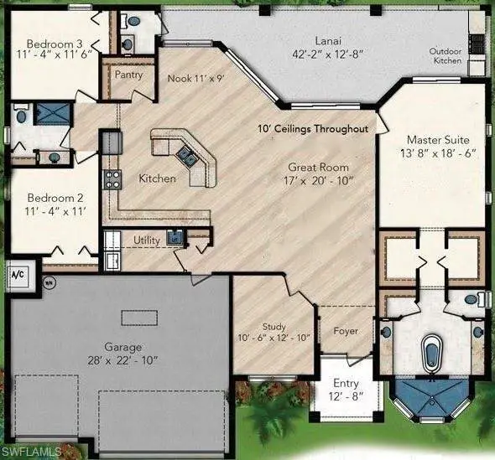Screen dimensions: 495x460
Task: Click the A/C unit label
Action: coord(18,275)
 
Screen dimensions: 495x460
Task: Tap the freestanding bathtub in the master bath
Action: coord(432,354)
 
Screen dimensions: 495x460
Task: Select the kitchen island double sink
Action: coord(186,157)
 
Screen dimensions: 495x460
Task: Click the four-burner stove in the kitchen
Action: coord(112,179)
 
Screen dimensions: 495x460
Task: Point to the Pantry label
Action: coord(128,75)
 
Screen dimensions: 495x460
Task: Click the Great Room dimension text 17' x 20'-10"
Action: coord(318,181)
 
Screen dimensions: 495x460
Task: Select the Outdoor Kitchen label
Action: coord(445,56)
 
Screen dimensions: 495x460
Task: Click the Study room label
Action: coord(274,327)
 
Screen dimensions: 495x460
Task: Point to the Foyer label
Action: coord(346,331)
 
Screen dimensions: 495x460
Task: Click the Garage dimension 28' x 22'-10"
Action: coord(122,360)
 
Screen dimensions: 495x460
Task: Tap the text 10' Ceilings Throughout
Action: coord(313,129)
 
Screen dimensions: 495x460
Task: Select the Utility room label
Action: coord(147,240)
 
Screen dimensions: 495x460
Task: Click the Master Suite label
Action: coord(438,140)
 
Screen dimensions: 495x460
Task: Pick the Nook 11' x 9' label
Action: coord(195,78)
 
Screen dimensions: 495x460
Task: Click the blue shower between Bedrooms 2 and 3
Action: coord(52,113)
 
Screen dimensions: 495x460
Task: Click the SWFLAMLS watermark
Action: coord(31,452)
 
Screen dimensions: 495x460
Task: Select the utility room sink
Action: coord(175,236)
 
